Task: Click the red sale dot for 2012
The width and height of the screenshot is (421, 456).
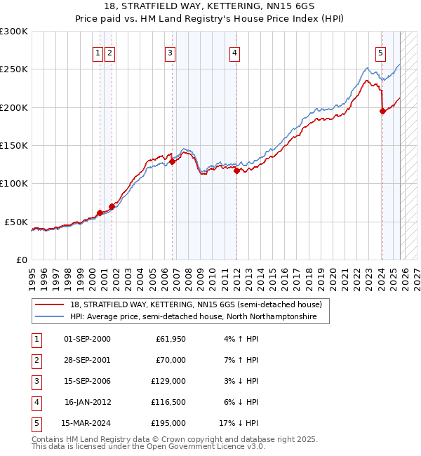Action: click(x=237, y=170)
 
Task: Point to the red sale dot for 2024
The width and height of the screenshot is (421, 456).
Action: click(x=382, y=111)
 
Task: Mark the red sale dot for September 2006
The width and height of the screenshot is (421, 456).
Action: click(x=173, y=161)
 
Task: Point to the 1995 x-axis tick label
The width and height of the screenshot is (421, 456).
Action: click(x=32, y=273)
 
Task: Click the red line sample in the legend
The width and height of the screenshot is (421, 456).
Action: click(x=49, y=304)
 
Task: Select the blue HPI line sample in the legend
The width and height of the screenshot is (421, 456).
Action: click(x=49, y=317)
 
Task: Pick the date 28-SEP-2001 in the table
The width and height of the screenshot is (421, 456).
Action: click(x=87, y=360)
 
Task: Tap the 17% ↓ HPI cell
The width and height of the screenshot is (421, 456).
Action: click(x=239, y=423)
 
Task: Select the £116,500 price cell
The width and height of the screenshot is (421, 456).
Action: click(x=168, y=402)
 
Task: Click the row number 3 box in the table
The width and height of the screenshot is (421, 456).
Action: click(x=36, y=381)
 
